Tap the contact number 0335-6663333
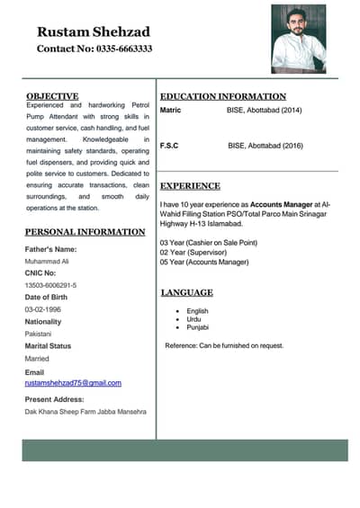pyautogui.click(x=94, y=49)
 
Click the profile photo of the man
pyautogui.click(x=298, y=39)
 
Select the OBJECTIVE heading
pyautogui.click(x=52, y=95)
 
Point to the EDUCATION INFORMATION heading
pyautogui.click(x=222, y=96)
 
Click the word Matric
pyautogui.click(x=170, y=110)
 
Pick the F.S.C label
pyautogui.click(x=168, y=145)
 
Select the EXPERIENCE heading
pyautogui.click(x=190, y=186)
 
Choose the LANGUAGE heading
pyautogui.click(x=186, y=292)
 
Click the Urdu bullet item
pyautogui.click(x=194, y=319)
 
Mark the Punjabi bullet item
pyautogui.click(x=198, y=327)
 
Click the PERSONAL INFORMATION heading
pyautogui.click(x=85, y=232)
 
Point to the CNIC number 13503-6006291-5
pyautogui.click(x=50, y=285)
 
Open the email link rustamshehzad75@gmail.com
pyautogui.click(x=73, y=383)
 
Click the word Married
pyautogui.click(x=37, y=358)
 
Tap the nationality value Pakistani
pyautogui.click(x=39, y=334)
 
